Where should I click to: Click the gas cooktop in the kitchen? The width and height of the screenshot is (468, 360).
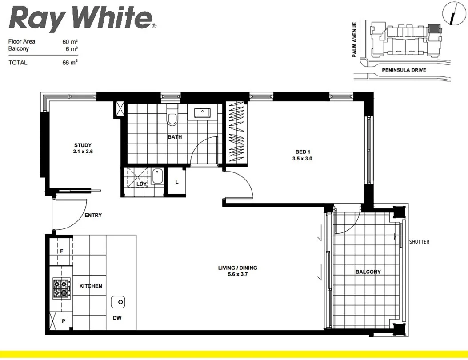[61, 288]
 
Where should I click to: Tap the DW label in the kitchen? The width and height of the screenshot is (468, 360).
[117, 318]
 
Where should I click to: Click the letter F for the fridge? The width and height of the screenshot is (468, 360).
[62, 251]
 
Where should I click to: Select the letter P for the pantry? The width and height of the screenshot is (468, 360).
[64, 320]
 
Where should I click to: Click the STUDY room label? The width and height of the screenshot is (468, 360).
[83, 145]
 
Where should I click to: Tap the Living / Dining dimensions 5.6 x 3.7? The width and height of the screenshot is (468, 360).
[237, 275]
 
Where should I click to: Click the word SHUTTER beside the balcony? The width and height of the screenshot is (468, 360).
[419, 242]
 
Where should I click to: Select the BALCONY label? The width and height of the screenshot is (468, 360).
[368, 272]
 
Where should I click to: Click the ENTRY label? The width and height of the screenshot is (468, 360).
[93, 215]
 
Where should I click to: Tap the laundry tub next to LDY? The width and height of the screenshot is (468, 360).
[157, 177]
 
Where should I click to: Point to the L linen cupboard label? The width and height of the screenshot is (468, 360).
[177, 182]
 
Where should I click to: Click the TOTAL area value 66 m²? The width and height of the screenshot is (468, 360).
[70, 63]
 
